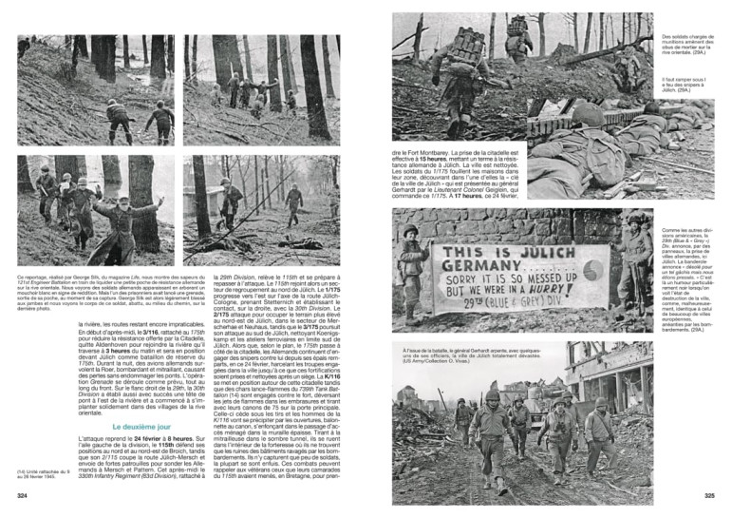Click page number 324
click(x=21, y=496)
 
